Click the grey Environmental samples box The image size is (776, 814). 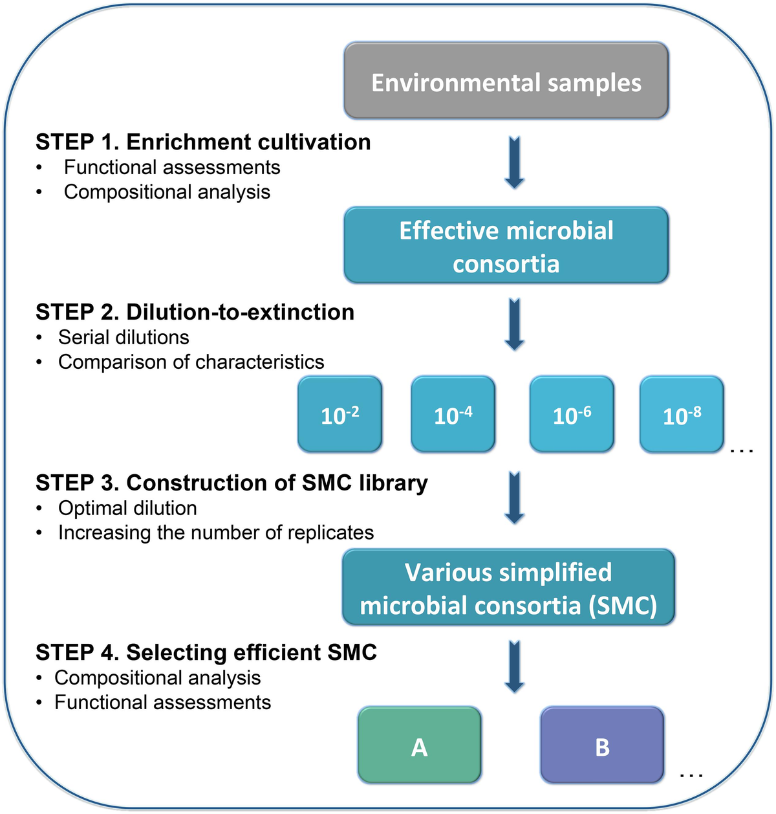(x=506, y=82)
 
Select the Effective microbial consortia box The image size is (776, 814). (x=506, y=246)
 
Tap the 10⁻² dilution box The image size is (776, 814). (x=339, y=414)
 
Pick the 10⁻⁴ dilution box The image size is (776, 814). (x=453, y=414)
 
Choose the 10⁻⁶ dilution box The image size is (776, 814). (x=571, y=414)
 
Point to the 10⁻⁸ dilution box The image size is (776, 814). (x=681, y=414)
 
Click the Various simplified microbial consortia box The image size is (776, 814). (x=508, y=588)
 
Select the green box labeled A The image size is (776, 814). (x=419, y=746)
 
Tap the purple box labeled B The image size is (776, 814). (x=601, y=746)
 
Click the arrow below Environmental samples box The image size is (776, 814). (x=514, y=162)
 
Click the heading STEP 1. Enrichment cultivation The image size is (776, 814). (x=203, y=142)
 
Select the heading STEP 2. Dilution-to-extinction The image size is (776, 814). (x=195, y=312)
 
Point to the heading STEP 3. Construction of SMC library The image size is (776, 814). (x=232, y=483)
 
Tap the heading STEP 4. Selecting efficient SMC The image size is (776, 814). (x=206, y=652)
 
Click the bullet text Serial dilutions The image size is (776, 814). (x=124, y=337)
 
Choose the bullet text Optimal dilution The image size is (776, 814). (x=127, y=508)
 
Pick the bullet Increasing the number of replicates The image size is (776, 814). (x=216, y=533)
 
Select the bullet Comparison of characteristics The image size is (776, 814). (x=191, y=362)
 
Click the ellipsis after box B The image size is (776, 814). (x=691, y=774)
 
